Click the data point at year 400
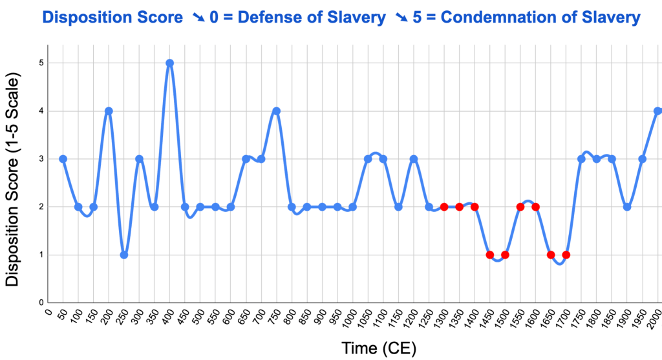point(169,63)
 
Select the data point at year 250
point(124,255)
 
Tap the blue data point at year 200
point(109,111)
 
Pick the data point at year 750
point(277,111)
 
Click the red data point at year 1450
point(490,255)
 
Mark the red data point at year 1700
point(566,255)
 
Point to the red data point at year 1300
point(444,207)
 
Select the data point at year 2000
point(657,111)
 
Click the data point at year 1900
point(627,207)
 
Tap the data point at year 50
point(63,159)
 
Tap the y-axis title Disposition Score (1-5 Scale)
point(13,180)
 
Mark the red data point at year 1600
point(535,207)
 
